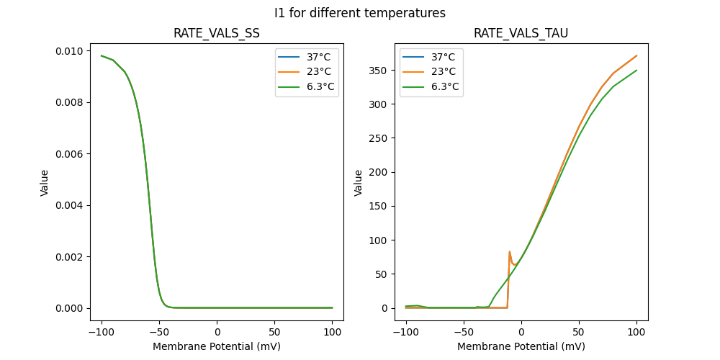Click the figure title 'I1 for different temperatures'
click(x=360, y=13)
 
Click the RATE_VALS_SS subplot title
click(x=217, y=34)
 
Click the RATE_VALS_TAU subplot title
click(x=521, y=34)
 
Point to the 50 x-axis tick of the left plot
click(x=274, y=332)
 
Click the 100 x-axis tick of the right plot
click(x=636, y=332)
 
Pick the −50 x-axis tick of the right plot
click(x=463, y=332)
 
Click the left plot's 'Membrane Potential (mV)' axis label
click(x=217, y=346)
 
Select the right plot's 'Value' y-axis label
click(x=359, y=183)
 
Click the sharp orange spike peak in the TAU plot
click(x=510, y=252)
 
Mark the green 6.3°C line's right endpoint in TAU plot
click(x=636, y=71)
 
